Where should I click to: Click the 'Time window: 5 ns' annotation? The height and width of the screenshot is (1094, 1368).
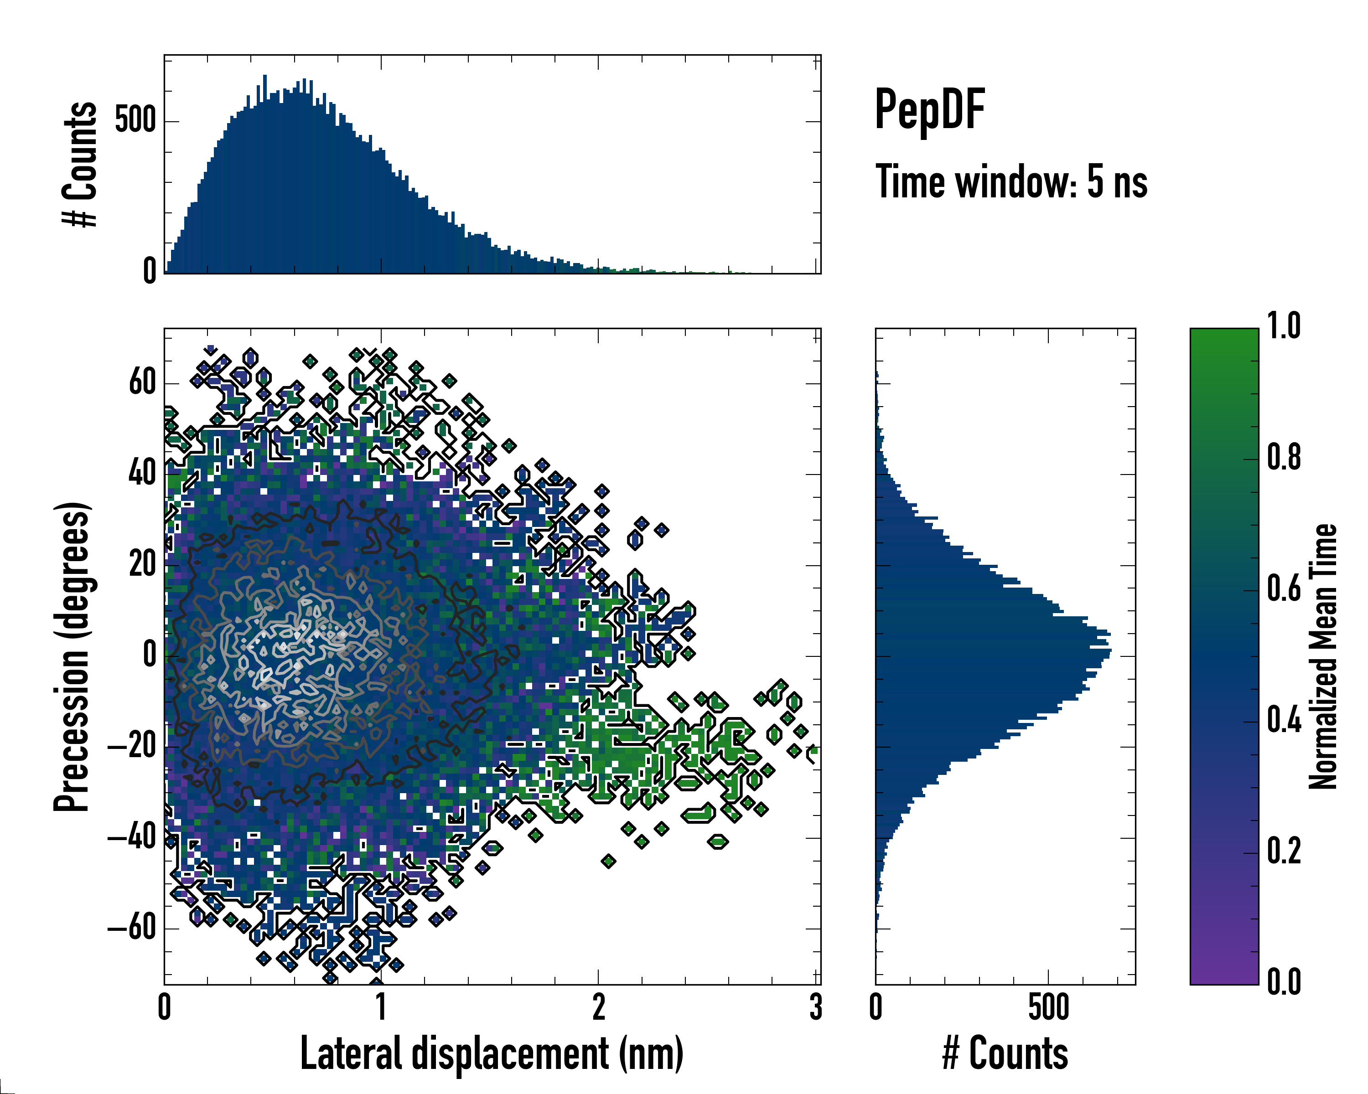[x=1011, y=182]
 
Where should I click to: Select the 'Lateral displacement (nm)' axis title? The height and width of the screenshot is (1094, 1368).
[x=492, y=1053]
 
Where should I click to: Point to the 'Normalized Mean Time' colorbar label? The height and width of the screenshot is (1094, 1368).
[x=1322, y=656]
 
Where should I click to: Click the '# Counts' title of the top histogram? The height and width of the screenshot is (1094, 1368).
[x=80, y=164]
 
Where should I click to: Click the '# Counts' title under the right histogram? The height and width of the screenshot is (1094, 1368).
[x=1005, y=1053]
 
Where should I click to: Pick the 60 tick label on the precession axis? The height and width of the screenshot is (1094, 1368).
[x=142, y=383]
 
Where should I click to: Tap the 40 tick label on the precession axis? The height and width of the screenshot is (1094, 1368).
[x=142, y=474]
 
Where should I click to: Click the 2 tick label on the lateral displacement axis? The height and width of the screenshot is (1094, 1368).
[x=598, y=1007]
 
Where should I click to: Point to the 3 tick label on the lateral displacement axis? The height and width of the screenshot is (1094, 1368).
[x=815, y=1007]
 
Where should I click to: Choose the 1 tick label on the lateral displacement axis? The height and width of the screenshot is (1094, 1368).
[x=381, y=1007]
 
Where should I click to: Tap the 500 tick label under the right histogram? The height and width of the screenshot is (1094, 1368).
[x=1048, y=1007]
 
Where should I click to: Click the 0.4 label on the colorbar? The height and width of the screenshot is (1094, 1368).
[x=1284, y=721]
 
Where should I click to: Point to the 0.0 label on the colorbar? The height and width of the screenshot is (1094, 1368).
[x=1284, y=982]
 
